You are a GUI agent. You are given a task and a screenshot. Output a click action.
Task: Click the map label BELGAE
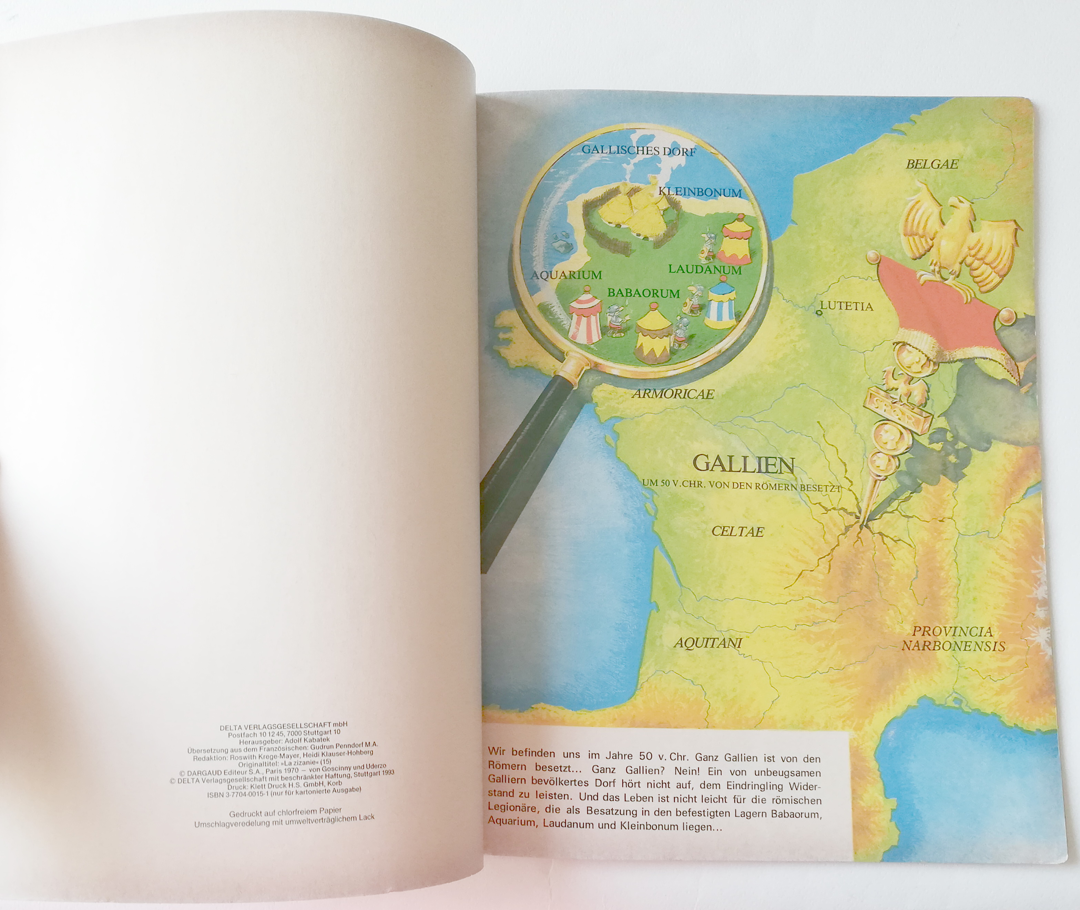coord(932,164)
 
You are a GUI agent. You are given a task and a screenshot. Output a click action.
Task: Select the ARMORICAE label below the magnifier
coord(673,394)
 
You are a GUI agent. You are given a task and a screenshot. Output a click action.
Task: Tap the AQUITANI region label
coord(707,643)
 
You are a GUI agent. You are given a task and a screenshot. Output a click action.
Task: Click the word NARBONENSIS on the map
coord(953,646)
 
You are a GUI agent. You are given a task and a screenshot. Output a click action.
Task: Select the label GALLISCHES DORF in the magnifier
coord(639,151)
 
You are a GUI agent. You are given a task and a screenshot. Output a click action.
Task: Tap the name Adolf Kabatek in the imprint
coord(309,741)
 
